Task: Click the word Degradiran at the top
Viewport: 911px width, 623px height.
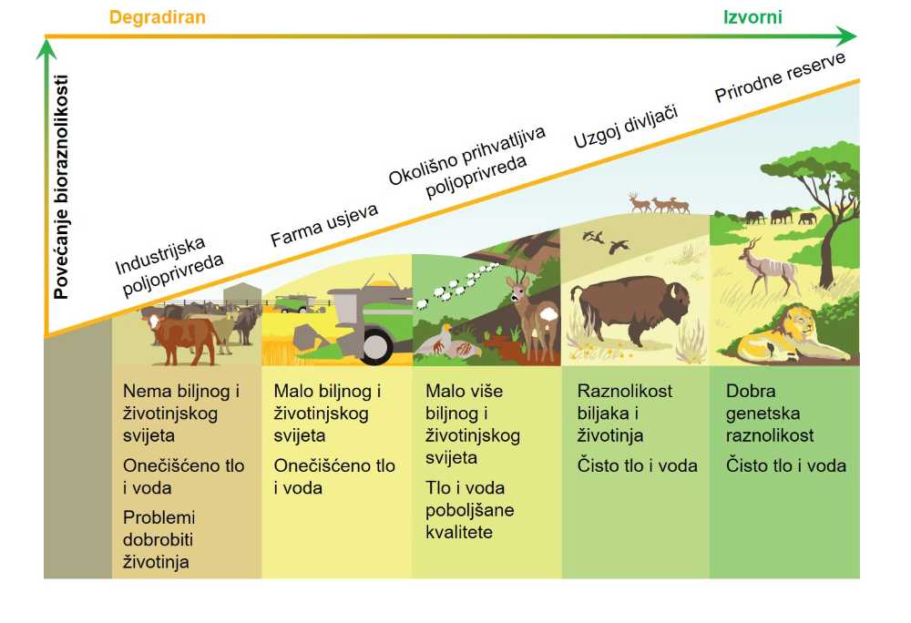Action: pos(157,16)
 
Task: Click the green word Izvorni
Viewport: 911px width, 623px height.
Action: pos(752,16)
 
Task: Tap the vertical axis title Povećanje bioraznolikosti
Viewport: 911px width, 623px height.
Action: pos(61,187)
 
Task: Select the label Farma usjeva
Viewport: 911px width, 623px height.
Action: pos(324,224)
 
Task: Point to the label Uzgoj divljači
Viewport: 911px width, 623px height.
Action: pos(626,127)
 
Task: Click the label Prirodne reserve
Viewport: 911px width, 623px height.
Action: pos(780,77)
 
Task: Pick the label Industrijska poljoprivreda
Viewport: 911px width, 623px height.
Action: pos(169,266)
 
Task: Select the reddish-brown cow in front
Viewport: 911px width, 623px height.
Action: pos(181,337)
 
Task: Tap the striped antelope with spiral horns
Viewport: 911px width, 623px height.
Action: pos(767,267)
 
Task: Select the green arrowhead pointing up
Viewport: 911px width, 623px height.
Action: pos(46,49)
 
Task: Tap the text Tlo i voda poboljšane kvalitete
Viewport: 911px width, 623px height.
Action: pos(469,510)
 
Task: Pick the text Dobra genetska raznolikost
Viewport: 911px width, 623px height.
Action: pos(769,413)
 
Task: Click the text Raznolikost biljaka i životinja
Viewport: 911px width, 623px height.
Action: pos(625,413)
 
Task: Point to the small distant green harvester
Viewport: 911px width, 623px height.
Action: pos(296,303)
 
